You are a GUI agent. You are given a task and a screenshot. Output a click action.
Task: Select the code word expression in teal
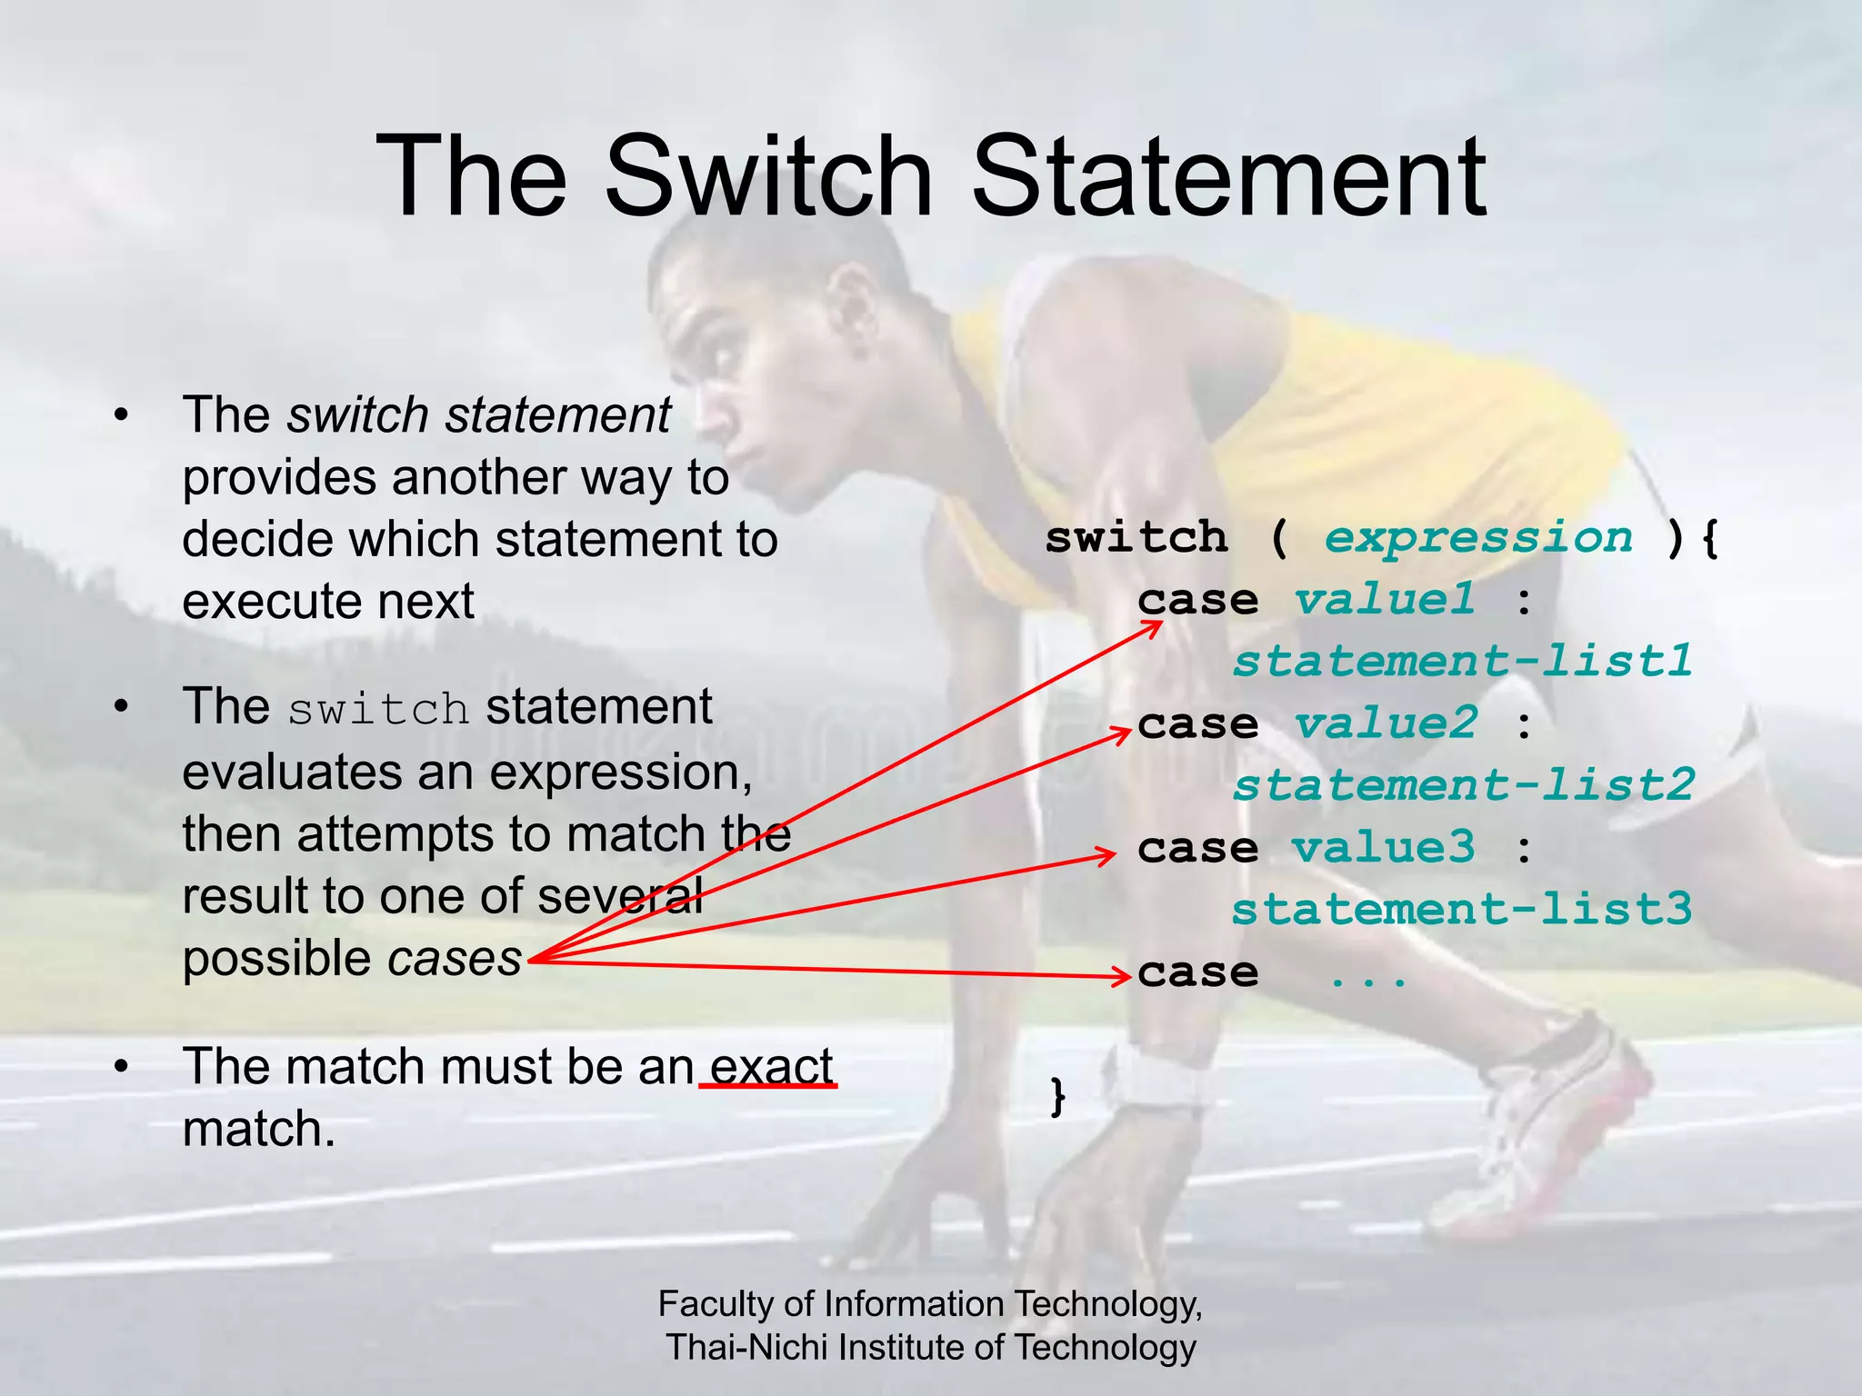1478,538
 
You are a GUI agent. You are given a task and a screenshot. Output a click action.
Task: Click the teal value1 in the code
1385,600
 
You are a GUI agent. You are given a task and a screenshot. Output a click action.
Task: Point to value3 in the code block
1384,848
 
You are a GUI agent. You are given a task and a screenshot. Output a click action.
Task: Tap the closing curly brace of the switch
1057,1096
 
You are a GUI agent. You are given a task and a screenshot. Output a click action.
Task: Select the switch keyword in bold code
1136,538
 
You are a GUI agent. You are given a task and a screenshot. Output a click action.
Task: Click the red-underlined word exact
771,1066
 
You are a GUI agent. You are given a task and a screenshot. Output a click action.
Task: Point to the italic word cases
455,958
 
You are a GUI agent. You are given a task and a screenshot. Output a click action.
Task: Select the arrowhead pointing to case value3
1106,855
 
